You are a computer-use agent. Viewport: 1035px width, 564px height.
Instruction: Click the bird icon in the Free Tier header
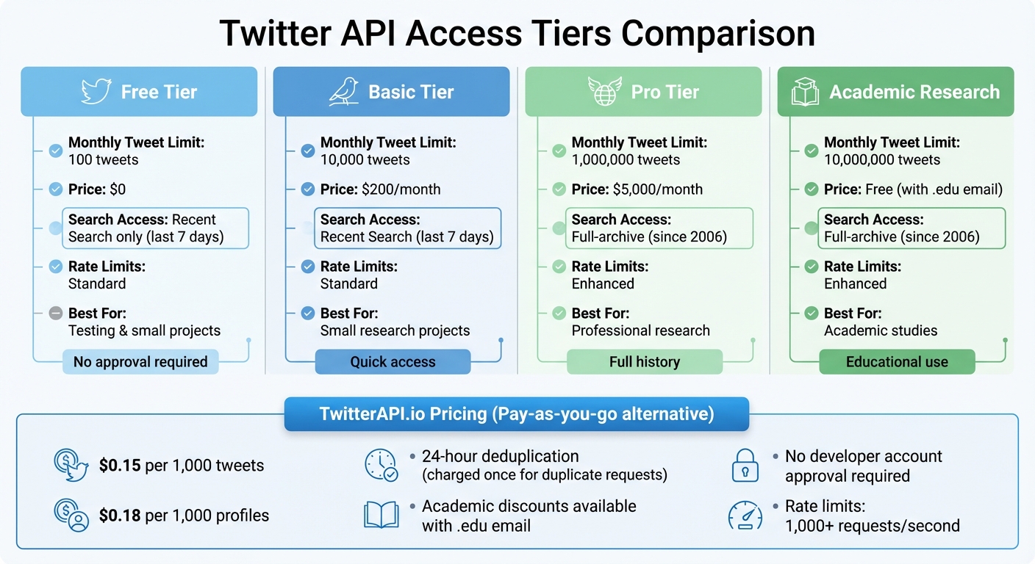pos(95,91)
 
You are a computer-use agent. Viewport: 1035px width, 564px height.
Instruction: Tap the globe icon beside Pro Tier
pos(604,91)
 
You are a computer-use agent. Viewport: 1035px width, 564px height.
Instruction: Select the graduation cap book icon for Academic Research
pos(805,92)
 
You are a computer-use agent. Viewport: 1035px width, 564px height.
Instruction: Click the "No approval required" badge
pos(140,362)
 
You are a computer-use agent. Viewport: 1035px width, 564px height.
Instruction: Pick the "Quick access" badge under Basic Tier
pos(393,362)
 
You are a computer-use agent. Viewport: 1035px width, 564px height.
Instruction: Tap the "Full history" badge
pos(645,362)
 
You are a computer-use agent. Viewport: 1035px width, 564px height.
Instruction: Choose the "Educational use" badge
pos(897,362)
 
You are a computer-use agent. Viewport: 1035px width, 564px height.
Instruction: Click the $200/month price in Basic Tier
pos(401,189)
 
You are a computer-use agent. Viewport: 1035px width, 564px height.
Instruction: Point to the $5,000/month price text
pos(657,189)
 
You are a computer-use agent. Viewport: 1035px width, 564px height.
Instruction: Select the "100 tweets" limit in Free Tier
pos(103,159)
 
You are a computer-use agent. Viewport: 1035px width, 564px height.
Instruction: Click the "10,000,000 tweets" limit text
pos(881,159)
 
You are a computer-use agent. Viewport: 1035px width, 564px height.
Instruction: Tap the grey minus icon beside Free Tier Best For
pos(55,313)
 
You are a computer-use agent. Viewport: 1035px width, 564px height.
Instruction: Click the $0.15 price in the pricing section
pos(120,465)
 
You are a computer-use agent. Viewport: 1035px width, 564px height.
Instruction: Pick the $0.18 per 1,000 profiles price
pos(120,516)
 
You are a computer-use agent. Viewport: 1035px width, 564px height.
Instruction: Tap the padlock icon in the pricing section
pos(745,466)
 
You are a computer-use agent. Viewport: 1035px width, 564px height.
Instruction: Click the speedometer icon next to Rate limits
pos(745,516)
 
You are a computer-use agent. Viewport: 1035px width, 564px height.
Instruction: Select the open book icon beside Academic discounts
pos(381,516)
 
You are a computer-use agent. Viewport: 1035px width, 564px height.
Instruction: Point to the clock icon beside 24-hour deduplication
pos(381,465)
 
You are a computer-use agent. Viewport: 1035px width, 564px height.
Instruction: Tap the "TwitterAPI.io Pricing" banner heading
pos(516,413)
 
